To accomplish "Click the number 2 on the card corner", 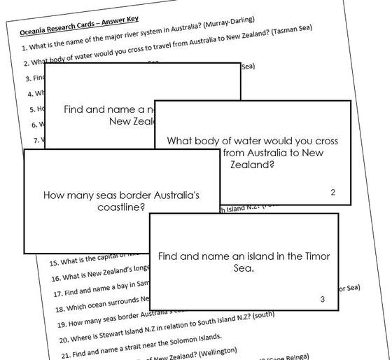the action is (332, 193).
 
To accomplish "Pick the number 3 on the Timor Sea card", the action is (322, 300).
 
